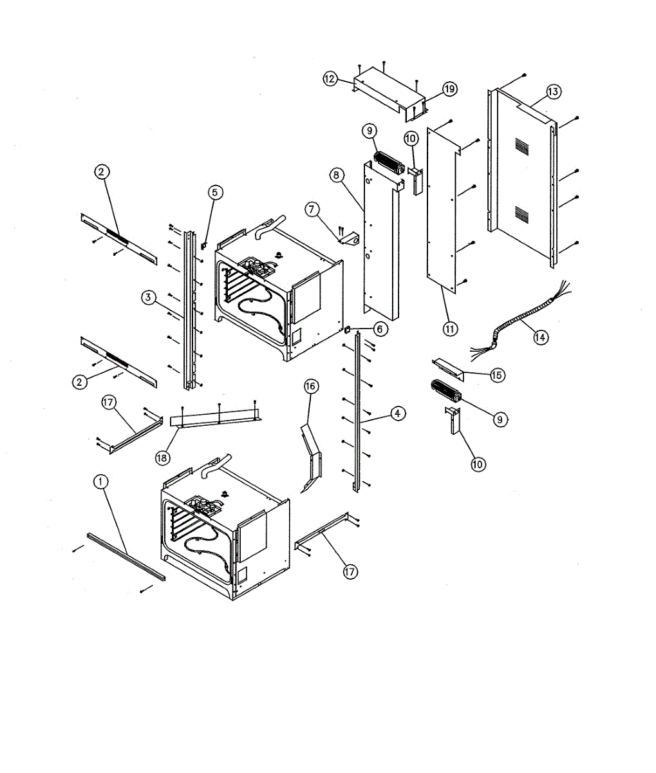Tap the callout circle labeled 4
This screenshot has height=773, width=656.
398,413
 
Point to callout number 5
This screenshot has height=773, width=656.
216,192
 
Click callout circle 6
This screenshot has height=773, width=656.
379,329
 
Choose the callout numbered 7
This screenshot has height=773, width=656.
312,209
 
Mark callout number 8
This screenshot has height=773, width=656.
335,175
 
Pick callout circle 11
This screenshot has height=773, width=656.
449,329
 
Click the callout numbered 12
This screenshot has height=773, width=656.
330,79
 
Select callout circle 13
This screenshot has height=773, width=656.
554,92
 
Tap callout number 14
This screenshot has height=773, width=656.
541,336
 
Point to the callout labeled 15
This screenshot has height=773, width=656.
497,375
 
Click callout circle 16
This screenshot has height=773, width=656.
311,386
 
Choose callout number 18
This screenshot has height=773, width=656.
162,457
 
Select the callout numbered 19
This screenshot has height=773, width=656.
449,89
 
